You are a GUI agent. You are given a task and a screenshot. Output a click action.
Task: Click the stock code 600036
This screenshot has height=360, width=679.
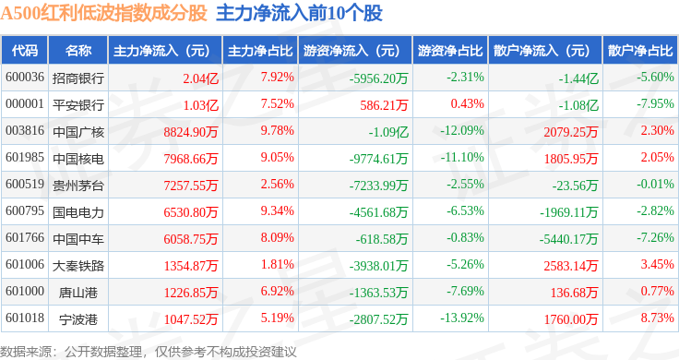pyautogui.click(x=25, y=78)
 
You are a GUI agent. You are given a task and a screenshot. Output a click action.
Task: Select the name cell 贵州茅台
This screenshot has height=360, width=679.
pyautogui.click(x=78, y=186)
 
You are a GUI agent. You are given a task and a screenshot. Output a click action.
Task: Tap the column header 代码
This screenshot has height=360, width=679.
pyautogui.click(x=25, y=51)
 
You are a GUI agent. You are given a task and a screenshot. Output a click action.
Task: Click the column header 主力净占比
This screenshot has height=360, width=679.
pyautogui.click(x=260, y=51)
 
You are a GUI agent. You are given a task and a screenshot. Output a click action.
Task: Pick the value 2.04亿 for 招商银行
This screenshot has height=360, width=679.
pyautogui.click(x=200, y=78)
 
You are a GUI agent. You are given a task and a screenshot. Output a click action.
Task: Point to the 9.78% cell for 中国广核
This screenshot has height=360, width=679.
pyautogui.click(x=277, y=130)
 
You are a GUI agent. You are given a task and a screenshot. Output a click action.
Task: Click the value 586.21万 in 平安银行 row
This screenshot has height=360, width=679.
pyautogui.click(x=384, y=105)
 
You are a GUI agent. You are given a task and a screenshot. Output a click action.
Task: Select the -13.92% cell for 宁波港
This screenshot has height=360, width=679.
pyautogui.click(x=462, y=318)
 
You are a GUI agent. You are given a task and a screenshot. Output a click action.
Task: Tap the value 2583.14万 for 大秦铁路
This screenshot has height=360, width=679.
pyautogui.click(x=571, y=266)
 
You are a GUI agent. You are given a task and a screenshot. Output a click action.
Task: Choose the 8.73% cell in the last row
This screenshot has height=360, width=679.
pyautogui.click(x=658, y=318)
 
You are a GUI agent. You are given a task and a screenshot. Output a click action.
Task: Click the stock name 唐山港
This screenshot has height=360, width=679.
pyautogui.click(x=78, y=293)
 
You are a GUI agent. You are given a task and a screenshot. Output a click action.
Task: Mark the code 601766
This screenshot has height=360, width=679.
pyautogui.click(x=25, y=237)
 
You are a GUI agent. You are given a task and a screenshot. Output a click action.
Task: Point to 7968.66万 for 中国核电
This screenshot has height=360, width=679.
pyautogui.click(x=191, y=159)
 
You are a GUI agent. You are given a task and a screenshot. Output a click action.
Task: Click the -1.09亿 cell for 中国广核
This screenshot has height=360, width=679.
pyautogui.click(x=388, y=132)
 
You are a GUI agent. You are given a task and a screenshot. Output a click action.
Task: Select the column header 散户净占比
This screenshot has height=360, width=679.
pyautogui.click(x=640, y=51)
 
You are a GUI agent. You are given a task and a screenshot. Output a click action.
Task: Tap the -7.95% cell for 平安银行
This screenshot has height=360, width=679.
pyautogui.click(x=655, y=104)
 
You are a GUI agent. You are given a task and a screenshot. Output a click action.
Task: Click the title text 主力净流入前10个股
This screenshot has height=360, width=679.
pyautogui.click(x=299, y=13)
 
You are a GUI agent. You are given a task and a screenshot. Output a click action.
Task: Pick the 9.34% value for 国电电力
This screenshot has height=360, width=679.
pyautogui.click(x=277, y=211)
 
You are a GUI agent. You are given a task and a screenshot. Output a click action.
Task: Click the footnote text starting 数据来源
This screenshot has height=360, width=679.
pyautogui.click(x=149, y=352)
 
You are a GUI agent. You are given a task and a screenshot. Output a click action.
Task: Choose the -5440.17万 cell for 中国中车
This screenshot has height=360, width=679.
pyautogui.click(x=568, y=239)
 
